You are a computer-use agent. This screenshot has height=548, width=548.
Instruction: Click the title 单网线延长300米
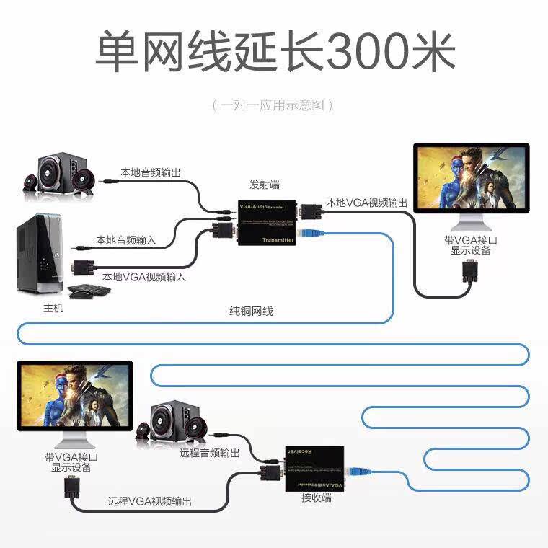(274, 52)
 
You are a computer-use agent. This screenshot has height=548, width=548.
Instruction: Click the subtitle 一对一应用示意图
(273, 105)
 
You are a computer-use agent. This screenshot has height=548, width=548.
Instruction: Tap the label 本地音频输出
(150, 173)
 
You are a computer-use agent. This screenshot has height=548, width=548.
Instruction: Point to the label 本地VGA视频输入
(144, 277)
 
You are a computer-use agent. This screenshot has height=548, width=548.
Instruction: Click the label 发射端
(264, 184)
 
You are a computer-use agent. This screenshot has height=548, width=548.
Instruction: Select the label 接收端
(316, 498)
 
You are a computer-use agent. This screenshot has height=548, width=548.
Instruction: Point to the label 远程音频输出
(210, 454)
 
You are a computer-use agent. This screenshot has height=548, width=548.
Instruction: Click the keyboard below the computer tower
(90, 291)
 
